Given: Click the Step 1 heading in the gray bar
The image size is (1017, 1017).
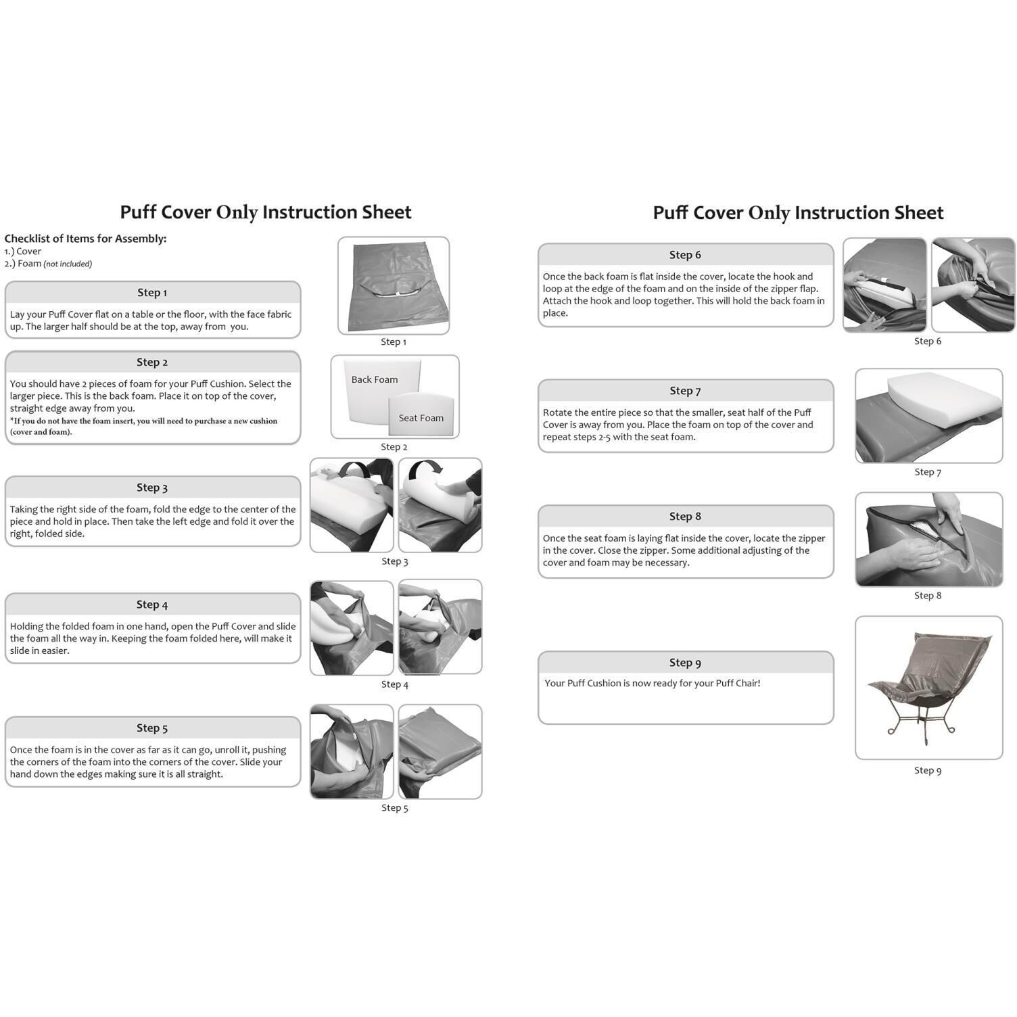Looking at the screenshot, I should (x=152, y=293).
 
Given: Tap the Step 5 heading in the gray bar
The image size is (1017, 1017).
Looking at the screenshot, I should (x=152, y=728).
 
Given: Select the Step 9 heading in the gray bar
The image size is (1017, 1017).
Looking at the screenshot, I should (x=685, y=663).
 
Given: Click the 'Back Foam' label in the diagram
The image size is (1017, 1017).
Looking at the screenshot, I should (x=375, y=380).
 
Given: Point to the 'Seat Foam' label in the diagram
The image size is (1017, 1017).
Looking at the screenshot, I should (x=421, y=419).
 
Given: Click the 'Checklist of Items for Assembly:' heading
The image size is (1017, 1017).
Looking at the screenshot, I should (x=85, y=239).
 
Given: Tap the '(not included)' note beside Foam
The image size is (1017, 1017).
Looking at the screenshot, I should (x=68, y=264).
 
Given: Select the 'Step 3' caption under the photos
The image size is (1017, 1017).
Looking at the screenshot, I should (x=395, y=561).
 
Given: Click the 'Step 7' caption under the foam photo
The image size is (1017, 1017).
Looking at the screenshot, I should (x=928, y=472).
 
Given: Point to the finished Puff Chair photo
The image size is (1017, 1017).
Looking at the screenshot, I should (x=928, y=686).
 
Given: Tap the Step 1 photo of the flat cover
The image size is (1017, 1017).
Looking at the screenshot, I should (x=394, y=285).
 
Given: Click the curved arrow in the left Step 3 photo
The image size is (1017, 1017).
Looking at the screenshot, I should (x=355, y=469).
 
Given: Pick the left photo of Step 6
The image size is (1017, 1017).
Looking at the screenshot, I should (x=884, y=285).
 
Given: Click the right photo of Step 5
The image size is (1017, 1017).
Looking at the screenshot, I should (x=440, y=751).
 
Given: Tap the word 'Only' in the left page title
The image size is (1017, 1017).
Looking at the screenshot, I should (x=237, y=212).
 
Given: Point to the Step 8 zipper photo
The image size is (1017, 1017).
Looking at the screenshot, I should (x=928, y=540).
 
